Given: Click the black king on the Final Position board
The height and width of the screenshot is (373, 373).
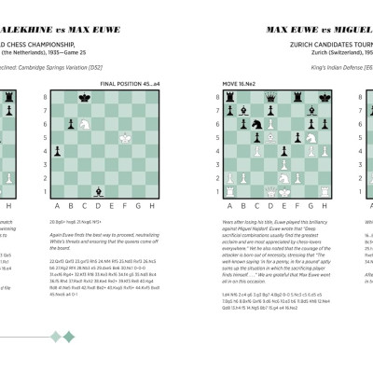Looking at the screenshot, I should [x=84, y=96].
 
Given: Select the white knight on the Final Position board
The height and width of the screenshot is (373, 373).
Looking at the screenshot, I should [x=84, y=121].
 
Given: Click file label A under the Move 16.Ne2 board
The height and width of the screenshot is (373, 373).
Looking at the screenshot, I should [x=228, y=207].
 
